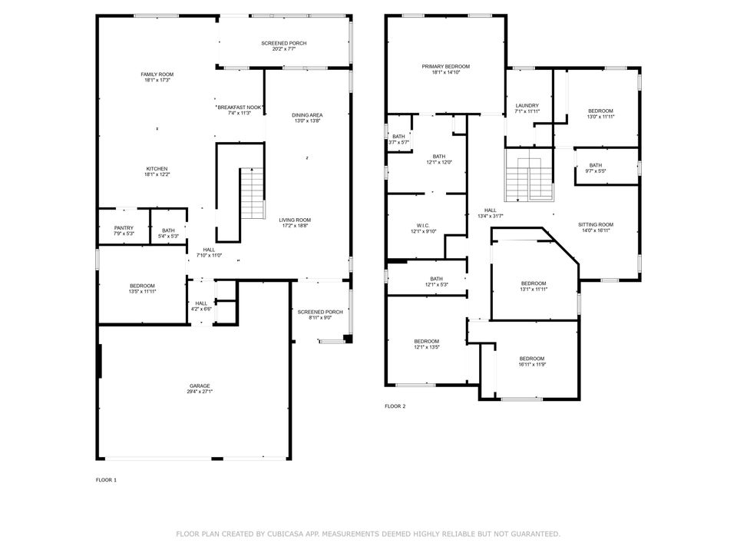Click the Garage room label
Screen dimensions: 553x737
point(200,386)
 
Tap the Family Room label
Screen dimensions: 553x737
point(157,75)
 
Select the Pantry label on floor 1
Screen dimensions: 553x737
point(124,228)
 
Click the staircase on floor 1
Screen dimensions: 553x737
point(252,193)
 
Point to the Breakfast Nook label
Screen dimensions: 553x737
point(240,107)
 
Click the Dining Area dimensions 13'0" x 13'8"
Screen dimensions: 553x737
point(307,121)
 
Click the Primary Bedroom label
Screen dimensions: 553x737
point(445,67)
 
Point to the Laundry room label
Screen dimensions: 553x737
point(527,105)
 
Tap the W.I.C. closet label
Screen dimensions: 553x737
point(423,225)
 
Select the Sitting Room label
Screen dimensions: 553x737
point(596,224)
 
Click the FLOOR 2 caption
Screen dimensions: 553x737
point(395,406)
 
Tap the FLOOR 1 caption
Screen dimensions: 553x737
point(106,480)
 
